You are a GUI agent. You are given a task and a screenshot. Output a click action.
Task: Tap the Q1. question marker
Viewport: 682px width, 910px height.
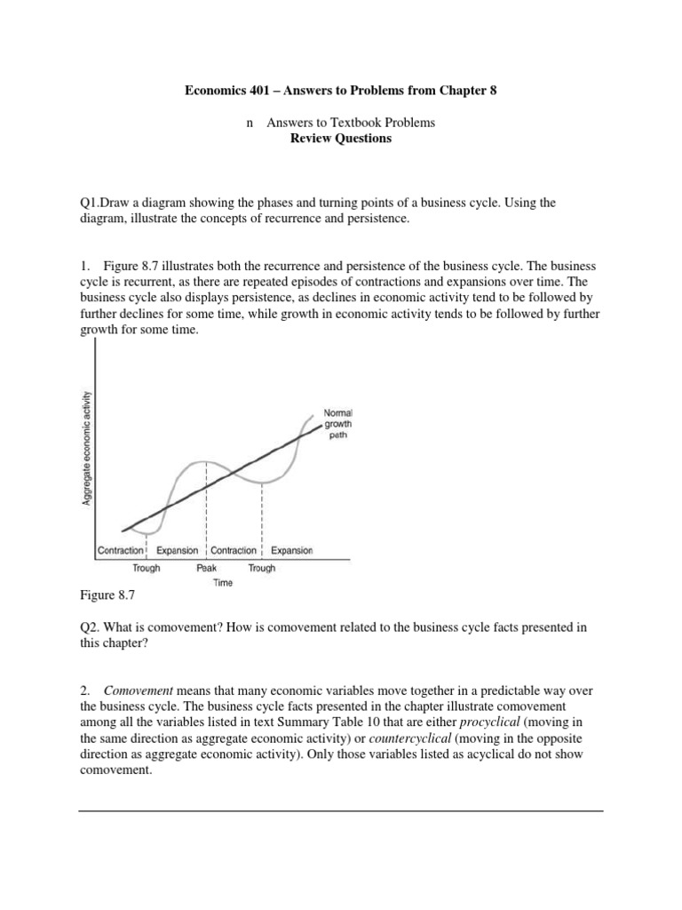[91, 203]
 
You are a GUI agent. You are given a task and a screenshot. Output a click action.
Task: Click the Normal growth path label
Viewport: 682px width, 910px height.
[337, 424]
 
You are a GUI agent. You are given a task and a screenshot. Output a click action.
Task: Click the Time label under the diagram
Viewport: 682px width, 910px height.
[223, 583]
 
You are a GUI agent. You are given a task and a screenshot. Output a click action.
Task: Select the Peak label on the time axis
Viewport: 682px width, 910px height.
[206, 568]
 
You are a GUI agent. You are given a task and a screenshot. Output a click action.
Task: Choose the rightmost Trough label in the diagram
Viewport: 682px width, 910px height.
[261, 568]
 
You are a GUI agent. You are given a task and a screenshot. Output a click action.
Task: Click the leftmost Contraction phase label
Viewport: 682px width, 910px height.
[120, 551]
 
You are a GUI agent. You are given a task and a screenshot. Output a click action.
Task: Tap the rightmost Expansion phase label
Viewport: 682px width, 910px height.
[292, 551]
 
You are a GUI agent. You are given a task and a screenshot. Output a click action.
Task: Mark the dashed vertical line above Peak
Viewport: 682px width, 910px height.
[206, 507]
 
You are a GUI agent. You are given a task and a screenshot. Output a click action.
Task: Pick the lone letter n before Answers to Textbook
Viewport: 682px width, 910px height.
[250, 123]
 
